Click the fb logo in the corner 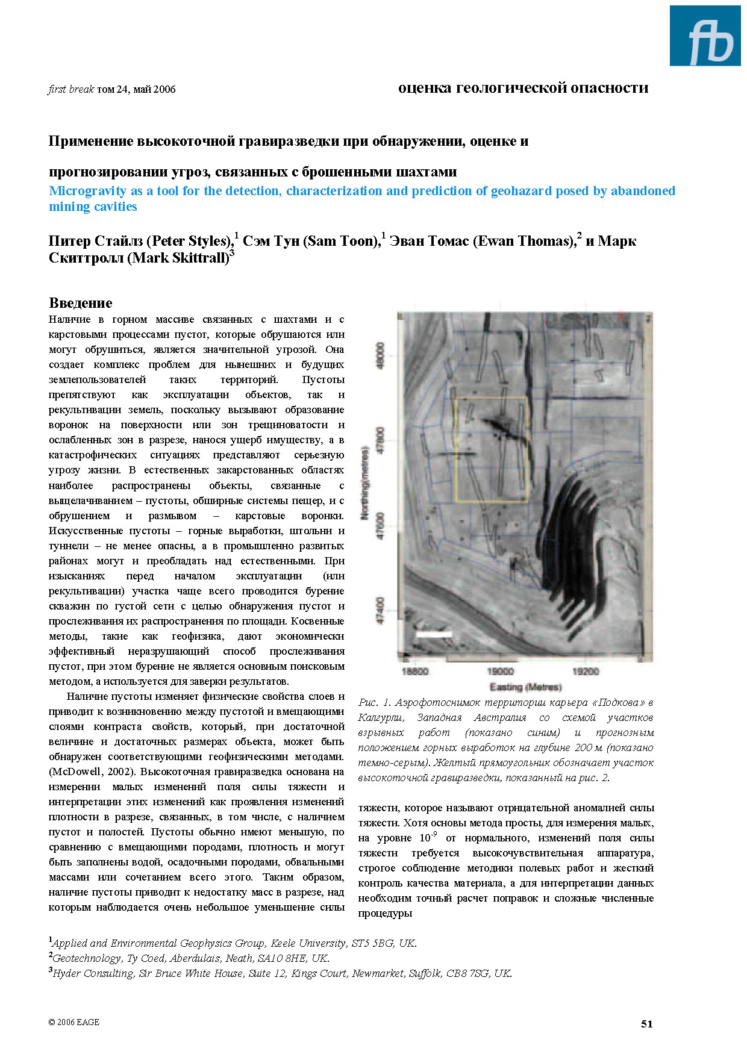tap(705, 36)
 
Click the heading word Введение tap(80, 303)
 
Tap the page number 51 tap(646, 1023)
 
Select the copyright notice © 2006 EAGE tap(73, 1022)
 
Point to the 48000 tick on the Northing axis tap(380, 357)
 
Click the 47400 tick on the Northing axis tap(380, 610)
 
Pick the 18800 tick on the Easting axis tap(414, 672)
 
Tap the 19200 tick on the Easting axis tap(585, 672)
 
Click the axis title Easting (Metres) tap(525, 687)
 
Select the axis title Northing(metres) tap(364, 482)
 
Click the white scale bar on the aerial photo tap(434, 634)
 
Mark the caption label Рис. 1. tap(375, 702)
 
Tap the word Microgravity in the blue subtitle tap(87, 191)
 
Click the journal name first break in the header tap(71, 90)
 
